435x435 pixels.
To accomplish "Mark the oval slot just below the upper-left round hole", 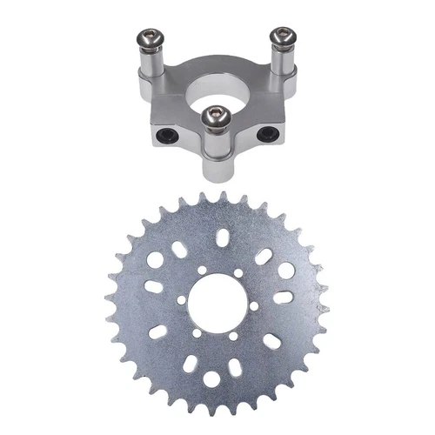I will (x=151, y=288).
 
